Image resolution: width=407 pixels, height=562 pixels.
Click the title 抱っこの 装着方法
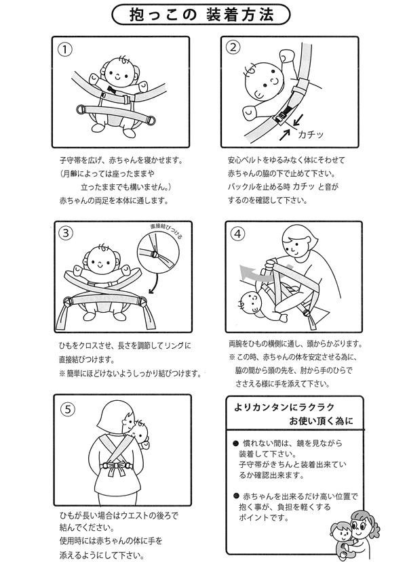pos(201,15)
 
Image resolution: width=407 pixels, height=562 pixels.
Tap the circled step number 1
pos(64,49)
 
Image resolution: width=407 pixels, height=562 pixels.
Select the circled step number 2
pos(233,47)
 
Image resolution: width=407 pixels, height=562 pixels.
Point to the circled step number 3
pos(66,234)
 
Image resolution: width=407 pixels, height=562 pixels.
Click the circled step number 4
pos(237,234)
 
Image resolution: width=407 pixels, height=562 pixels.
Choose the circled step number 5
pos(69,410)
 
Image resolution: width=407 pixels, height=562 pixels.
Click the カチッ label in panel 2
pos(311,135)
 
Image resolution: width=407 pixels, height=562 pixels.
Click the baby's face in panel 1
pos(120,73)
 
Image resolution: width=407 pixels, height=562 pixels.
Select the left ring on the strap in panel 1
pos(81,109)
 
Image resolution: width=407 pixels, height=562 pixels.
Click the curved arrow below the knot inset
pos(155,283)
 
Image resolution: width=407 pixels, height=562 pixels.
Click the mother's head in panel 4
pos(300,241)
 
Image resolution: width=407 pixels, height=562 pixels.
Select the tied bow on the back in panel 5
pos(115,467)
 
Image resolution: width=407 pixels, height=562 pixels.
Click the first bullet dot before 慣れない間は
pos(235,444)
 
